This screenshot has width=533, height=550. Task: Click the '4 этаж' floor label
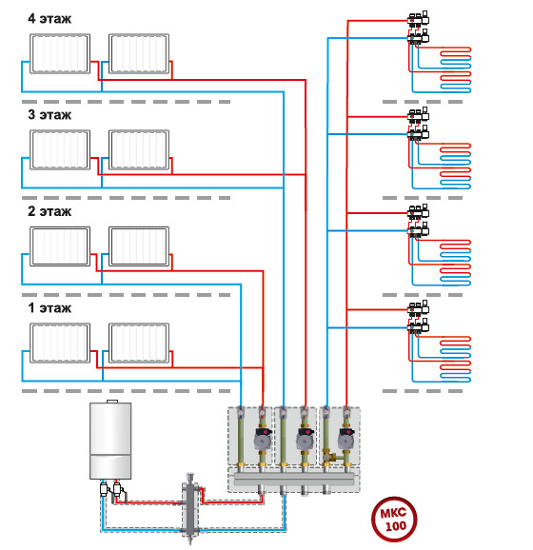(49, 19)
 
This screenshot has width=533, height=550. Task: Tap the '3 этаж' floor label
(49, 115)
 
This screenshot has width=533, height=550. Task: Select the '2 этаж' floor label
(49, 211)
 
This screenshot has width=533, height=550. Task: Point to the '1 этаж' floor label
(49, 307)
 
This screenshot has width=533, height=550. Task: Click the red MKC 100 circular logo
(394, 519)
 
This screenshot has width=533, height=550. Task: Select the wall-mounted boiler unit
(110, 441)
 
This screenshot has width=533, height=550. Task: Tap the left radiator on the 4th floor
(60, 53)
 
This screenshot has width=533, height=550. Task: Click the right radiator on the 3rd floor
(139, 149)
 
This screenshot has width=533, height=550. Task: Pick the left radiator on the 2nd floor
(60, 246)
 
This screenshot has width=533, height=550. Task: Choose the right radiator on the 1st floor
(139, 343)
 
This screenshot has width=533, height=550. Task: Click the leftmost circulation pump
(263, 439)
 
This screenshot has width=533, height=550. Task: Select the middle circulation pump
(306, 439)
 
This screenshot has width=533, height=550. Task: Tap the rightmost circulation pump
(346, 439)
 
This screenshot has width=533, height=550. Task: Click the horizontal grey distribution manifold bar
(294, 479)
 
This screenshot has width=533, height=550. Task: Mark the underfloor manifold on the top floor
(418, 28)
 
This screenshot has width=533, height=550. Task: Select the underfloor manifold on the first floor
(418, 317)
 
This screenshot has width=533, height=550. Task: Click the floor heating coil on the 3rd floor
(456, 166)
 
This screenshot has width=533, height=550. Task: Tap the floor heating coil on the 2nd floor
(456, 263)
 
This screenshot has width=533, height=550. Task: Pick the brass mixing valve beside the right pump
(330, 457)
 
